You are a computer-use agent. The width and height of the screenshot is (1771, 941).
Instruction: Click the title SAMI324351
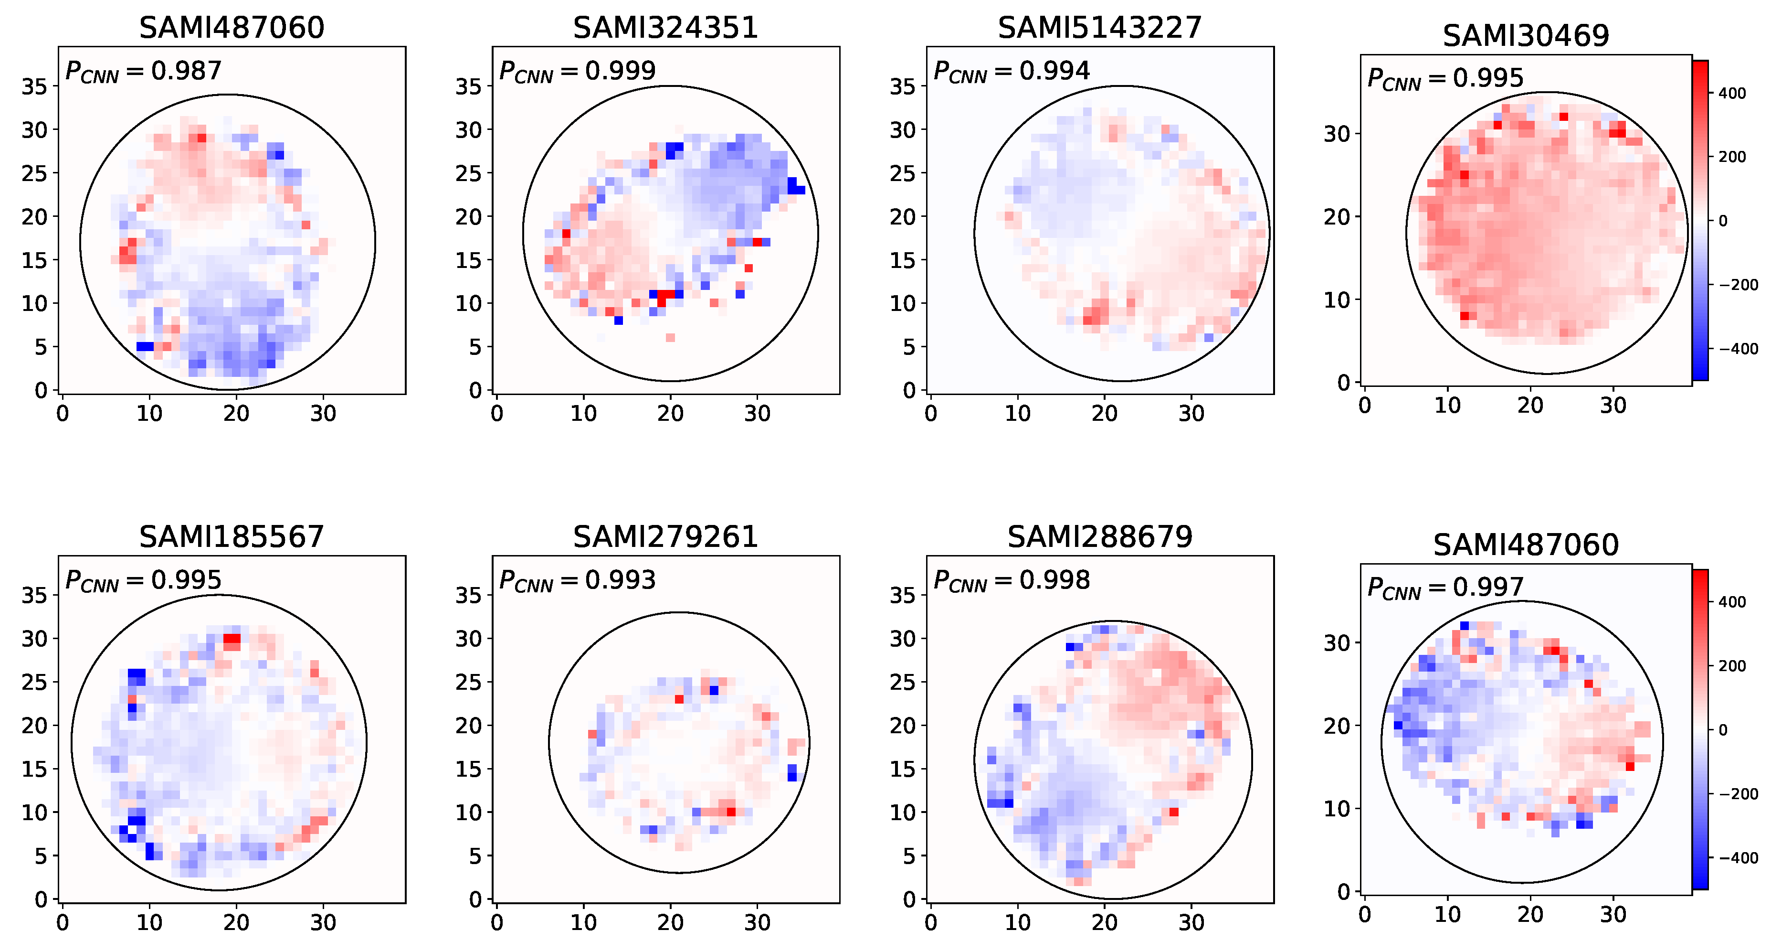(665, 28)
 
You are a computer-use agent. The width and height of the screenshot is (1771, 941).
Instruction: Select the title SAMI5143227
(1099, 28)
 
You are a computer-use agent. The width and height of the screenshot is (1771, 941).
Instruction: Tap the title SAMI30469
(1526, 36)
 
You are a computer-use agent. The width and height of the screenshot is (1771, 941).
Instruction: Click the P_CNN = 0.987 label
(143, 71)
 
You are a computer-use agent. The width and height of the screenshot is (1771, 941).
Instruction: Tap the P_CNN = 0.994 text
(1012, 71)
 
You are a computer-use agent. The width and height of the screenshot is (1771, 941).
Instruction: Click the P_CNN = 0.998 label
(1012, 580)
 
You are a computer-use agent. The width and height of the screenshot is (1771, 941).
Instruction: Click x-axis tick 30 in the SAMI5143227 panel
(1191, 413)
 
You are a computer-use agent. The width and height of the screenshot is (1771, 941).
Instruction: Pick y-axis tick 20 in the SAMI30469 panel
(1337, 217)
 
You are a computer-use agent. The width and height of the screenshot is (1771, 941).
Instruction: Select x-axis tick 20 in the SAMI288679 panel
(1104, 922)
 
